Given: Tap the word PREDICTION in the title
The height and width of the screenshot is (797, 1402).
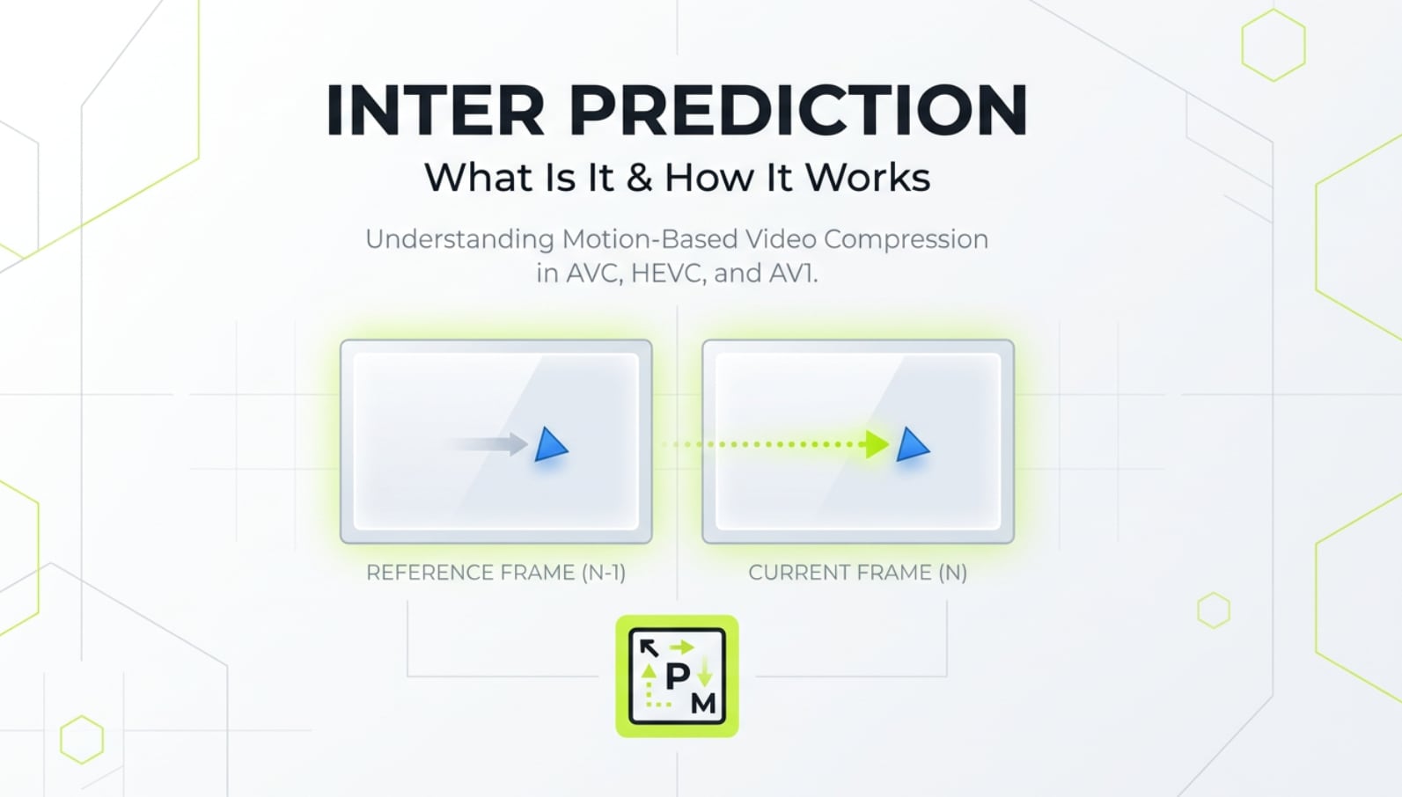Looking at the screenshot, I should tap(798, 111).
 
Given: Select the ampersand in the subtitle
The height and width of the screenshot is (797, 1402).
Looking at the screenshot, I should tap(639, 178).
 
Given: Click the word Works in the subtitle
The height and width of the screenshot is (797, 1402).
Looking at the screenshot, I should tap(868, 178).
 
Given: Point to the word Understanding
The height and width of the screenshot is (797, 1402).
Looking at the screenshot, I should tap(459, 239).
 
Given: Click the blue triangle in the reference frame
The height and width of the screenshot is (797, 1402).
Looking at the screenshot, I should tap(550, 445).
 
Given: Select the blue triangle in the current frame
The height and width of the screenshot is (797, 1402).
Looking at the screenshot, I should tap(912, 445).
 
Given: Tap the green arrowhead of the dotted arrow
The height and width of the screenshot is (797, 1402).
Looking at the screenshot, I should tap(877, 444).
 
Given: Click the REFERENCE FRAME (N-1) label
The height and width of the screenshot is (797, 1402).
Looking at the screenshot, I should tap(495, 573).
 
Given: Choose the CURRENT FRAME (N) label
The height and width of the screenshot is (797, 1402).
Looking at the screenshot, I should tap(857, 573).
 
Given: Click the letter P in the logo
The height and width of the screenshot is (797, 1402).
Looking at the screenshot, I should tap(677, 676).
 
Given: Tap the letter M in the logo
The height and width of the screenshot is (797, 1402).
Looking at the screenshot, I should tap(704, 703).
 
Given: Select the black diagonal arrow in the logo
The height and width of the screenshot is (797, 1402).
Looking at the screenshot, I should tap(649, 648).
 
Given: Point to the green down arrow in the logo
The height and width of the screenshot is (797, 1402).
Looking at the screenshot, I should tap(705, 674).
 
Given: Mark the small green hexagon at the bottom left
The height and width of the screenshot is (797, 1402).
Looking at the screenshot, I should tap(82, 739).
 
